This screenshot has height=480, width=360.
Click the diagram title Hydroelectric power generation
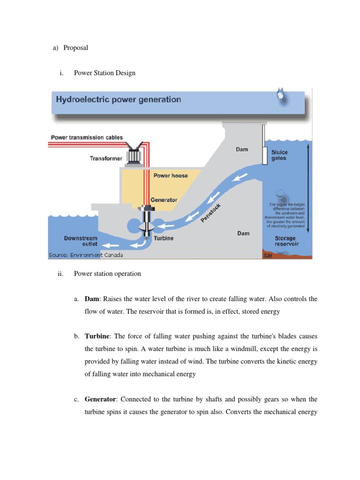pos(118,99)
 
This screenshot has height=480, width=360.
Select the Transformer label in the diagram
pos(106,158)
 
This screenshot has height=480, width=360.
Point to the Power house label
pos(171,175)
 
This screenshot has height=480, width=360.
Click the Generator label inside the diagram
pos(164,200)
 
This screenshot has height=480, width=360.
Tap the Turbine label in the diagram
pos(164,238)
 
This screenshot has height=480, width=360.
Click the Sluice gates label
pos(279,155)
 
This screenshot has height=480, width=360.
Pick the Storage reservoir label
pos(285,241)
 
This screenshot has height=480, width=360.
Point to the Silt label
pos(268,256)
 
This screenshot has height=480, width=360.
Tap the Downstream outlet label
pos(81,241)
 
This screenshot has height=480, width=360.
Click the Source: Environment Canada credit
pos(85,255)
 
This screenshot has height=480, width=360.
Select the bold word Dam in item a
pos(92,299)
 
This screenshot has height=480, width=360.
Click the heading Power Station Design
pos(105,73)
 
